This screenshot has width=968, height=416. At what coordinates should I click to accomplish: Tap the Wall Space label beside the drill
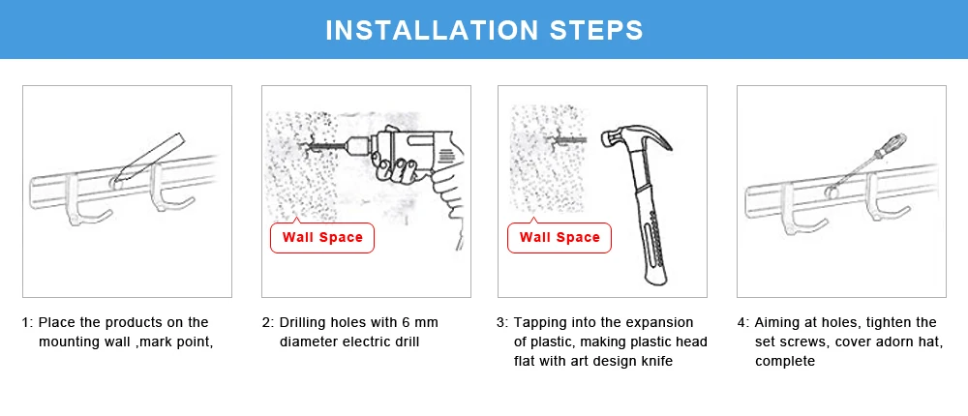pyautogui.click(x=322, y=238)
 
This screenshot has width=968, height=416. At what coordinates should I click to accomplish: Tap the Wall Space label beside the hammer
pyautogui.click(x=560, y=238)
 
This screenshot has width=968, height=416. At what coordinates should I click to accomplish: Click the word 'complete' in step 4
pyautogui.click(x=785, y=361)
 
